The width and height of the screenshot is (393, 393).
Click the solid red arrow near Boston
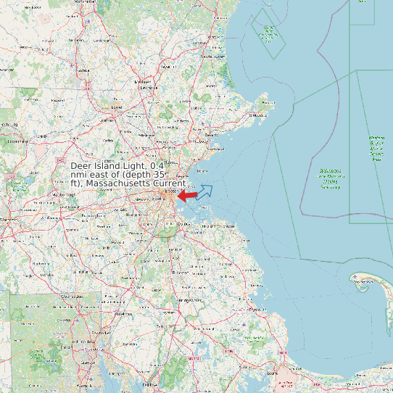(x=187, y=195)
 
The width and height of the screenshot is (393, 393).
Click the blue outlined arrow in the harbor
(x=205, y=191)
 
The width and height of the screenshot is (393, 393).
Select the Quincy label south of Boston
(x=186, y=224)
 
